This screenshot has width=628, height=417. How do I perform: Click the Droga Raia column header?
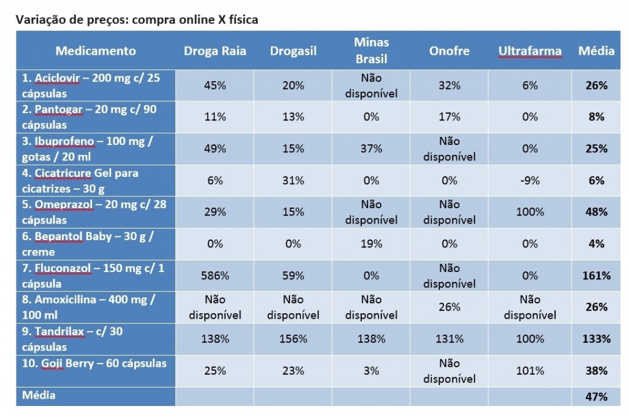pos(215,51)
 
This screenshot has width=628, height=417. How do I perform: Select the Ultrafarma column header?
pos(530,51)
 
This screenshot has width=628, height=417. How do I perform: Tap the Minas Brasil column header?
pos(371,51)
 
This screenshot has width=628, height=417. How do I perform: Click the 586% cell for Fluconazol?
pos(215,276)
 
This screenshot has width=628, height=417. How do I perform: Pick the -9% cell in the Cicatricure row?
pos(530,181)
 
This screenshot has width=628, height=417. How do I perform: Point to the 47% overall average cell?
pos(596,396)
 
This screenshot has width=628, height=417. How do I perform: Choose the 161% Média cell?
pos(596,276)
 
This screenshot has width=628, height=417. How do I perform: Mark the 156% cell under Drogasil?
pos(293,339)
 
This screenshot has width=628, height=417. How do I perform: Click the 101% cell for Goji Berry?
pos(530,371)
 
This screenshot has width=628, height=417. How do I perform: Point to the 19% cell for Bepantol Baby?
pos(371,244)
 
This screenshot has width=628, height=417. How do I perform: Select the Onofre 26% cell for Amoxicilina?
pos(450,307)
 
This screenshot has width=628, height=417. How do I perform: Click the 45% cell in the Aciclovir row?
pos(215,85)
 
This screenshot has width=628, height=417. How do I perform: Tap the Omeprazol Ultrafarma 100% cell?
pos(530,212)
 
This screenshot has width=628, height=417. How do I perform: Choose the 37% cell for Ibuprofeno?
pos(371,149)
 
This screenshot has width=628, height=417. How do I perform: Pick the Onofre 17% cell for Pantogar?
pos(450,117)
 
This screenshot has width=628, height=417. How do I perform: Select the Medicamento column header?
pos(96,51)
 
